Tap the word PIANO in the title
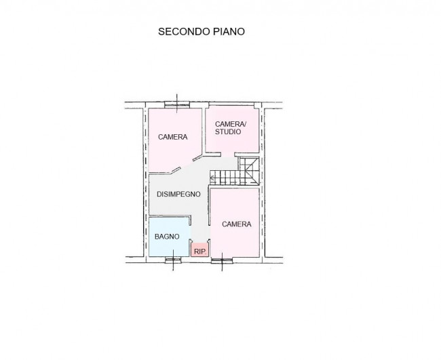click(x=229, y=31)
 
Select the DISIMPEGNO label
click(x=178, y=194)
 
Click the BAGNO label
click(x=167, y=237)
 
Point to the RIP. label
click(x=200, y=252)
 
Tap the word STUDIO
click(x=228, y=132)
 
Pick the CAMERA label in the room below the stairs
click(x=237, y=224)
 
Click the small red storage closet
click(x=200, y=250)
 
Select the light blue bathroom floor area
click(x=170, y=237)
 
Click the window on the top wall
click(x=177, y=104)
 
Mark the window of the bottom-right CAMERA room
click(x=222, y=260)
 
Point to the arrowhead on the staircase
click(x=212, y=178)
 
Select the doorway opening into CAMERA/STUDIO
click(x=228, y=154)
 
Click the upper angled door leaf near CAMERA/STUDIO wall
click(x=198, y=157)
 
